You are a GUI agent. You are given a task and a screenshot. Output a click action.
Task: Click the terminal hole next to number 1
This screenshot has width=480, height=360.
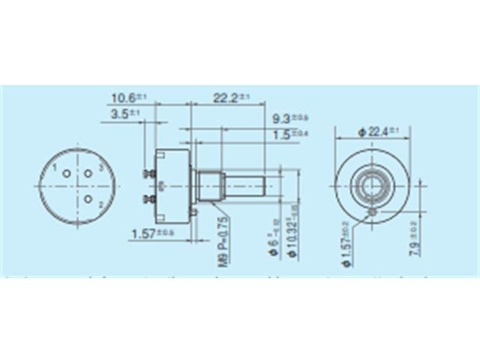(67, 174)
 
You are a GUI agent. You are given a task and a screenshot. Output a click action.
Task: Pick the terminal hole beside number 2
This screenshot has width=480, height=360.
(88, 199)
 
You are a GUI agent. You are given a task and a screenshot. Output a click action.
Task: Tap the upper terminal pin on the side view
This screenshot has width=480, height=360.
(146, 175)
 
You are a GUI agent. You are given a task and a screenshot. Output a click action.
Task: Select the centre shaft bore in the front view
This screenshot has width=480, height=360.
(373, 182)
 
